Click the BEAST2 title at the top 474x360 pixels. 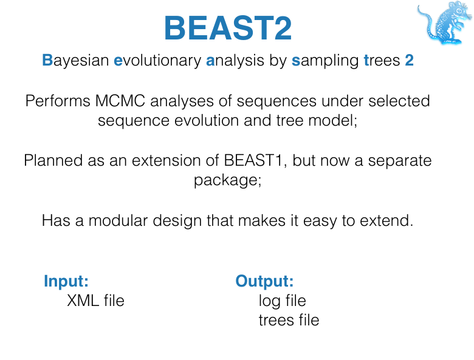[228, 28]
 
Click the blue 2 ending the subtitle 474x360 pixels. [409, 61]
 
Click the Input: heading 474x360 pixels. [66, 281]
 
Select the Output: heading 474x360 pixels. [264, 281]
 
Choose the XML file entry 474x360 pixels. [95, 301]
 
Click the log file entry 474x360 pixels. [282, 301]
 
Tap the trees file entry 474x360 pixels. [289, 320]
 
